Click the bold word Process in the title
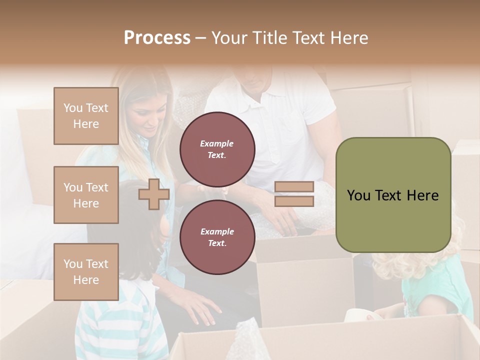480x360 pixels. click(157, 38)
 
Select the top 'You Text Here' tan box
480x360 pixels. click(86, 116)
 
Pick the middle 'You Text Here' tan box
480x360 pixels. click(86, 195)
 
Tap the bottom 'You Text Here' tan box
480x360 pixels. click(86, 272)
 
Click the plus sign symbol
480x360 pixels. click(154, 194)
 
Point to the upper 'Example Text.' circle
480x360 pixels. click(217, 149)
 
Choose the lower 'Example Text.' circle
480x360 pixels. click(217, 237)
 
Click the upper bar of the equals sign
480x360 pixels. click(294, 187)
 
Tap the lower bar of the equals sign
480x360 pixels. click(294, 201)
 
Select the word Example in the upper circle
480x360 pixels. click(217, 143)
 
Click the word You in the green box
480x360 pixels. click(358, 195)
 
